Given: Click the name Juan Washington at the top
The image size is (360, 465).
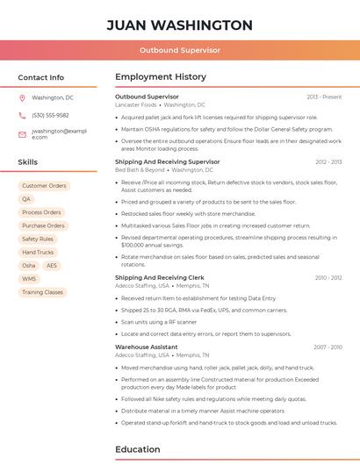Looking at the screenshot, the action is (x=179, y=25).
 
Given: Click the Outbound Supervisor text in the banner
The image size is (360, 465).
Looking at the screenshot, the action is (x=179, y=50).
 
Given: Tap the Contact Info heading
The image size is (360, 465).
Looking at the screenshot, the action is (x=41, y=77).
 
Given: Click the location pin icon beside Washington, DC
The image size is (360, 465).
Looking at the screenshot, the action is (x=22, y=97).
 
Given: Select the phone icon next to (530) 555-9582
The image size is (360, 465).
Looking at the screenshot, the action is (x=22, y=115).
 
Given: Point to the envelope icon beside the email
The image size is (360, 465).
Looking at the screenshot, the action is (x=22, y=133).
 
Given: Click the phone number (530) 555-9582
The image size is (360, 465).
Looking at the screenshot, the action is (x=50, y=115).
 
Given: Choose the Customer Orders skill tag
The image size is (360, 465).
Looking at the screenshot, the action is (x=44, y=186).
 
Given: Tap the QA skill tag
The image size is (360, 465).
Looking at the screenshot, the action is (x=26, y=199).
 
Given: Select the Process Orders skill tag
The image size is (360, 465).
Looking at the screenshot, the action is (x=41, y=212).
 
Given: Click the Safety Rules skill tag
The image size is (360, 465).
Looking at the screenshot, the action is (x=38, y=239).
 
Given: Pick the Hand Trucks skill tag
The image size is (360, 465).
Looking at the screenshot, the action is (x=38, y=252).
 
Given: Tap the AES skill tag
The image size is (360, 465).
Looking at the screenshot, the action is (x=52, y=265).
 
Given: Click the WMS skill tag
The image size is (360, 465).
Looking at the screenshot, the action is (x=29, y=278).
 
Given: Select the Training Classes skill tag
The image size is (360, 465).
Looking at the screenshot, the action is (x=42, y=292).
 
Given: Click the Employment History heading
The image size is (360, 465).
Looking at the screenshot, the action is (x=161, y=77).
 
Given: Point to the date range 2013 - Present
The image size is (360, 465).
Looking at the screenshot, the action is (x=324, y=97).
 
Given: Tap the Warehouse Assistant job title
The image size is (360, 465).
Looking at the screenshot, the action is (x=147, y=347).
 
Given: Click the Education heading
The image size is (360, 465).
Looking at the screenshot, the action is (x=138, y=449).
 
